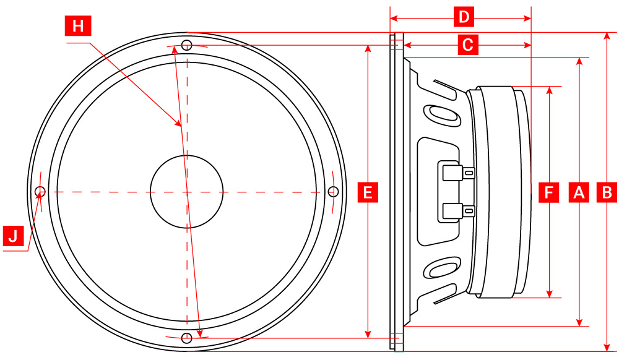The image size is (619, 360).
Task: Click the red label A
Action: [579, 192]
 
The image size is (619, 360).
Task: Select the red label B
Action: [607, 192]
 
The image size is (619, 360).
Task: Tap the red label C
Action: [467, 45]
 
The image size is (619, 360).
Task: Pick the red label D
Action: [462, 17]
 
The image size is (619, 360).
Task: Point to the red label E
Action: [368, 192]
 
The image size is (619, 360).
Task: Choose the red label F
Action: [549, 192]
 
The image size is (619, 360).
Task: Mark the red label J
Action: [13, 236]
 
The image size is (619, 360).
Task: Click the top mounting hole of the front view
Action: [186, 45]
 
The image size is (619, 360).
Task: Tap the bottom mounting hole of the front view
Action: [186, 338]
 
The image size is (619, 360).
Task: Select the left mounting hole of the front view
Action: [40, 191]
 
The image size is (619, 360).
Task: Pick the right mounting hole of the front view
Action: [332, 191]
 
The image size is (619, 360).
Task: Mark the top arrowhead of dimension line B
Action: [607, 36]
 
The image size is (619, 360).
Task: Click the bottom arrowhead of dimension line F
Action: [549, 294]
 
